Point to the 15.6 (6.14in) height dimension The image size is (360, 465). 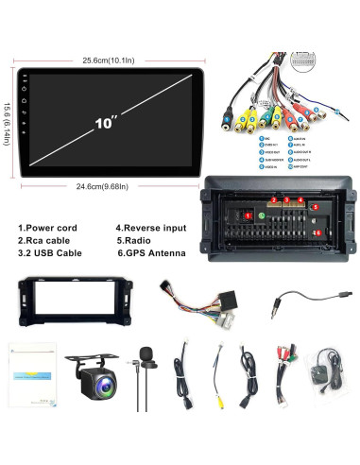pos(7,124)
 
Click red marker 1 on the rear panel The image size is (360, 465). pos(248,216)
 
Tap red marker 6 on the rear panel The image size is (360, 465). pos(318,232)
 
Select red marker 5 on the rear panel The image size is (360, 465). pos(316,206)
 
